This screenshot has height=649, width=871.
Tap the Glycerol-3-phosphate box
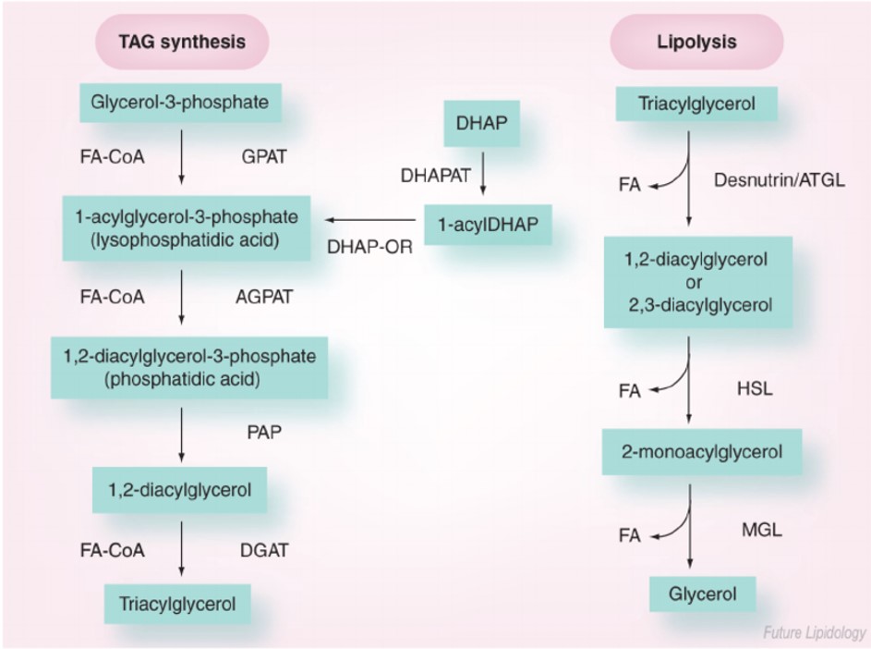coord(180,102)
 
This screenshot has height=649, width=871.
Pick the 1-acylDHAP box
coord(487,224)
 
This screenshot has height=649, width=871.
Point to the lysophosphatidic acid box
coord(181,228)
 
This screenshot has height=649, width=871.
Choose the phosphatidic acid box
coord(188,367)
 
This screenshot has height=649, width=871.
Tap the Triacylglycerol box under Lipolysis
coord(696,104)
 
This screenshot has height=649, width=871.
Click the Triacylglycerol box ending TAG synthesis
coord(177,604)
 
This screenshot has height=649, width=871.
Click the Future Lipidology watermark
coord(813,633)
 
